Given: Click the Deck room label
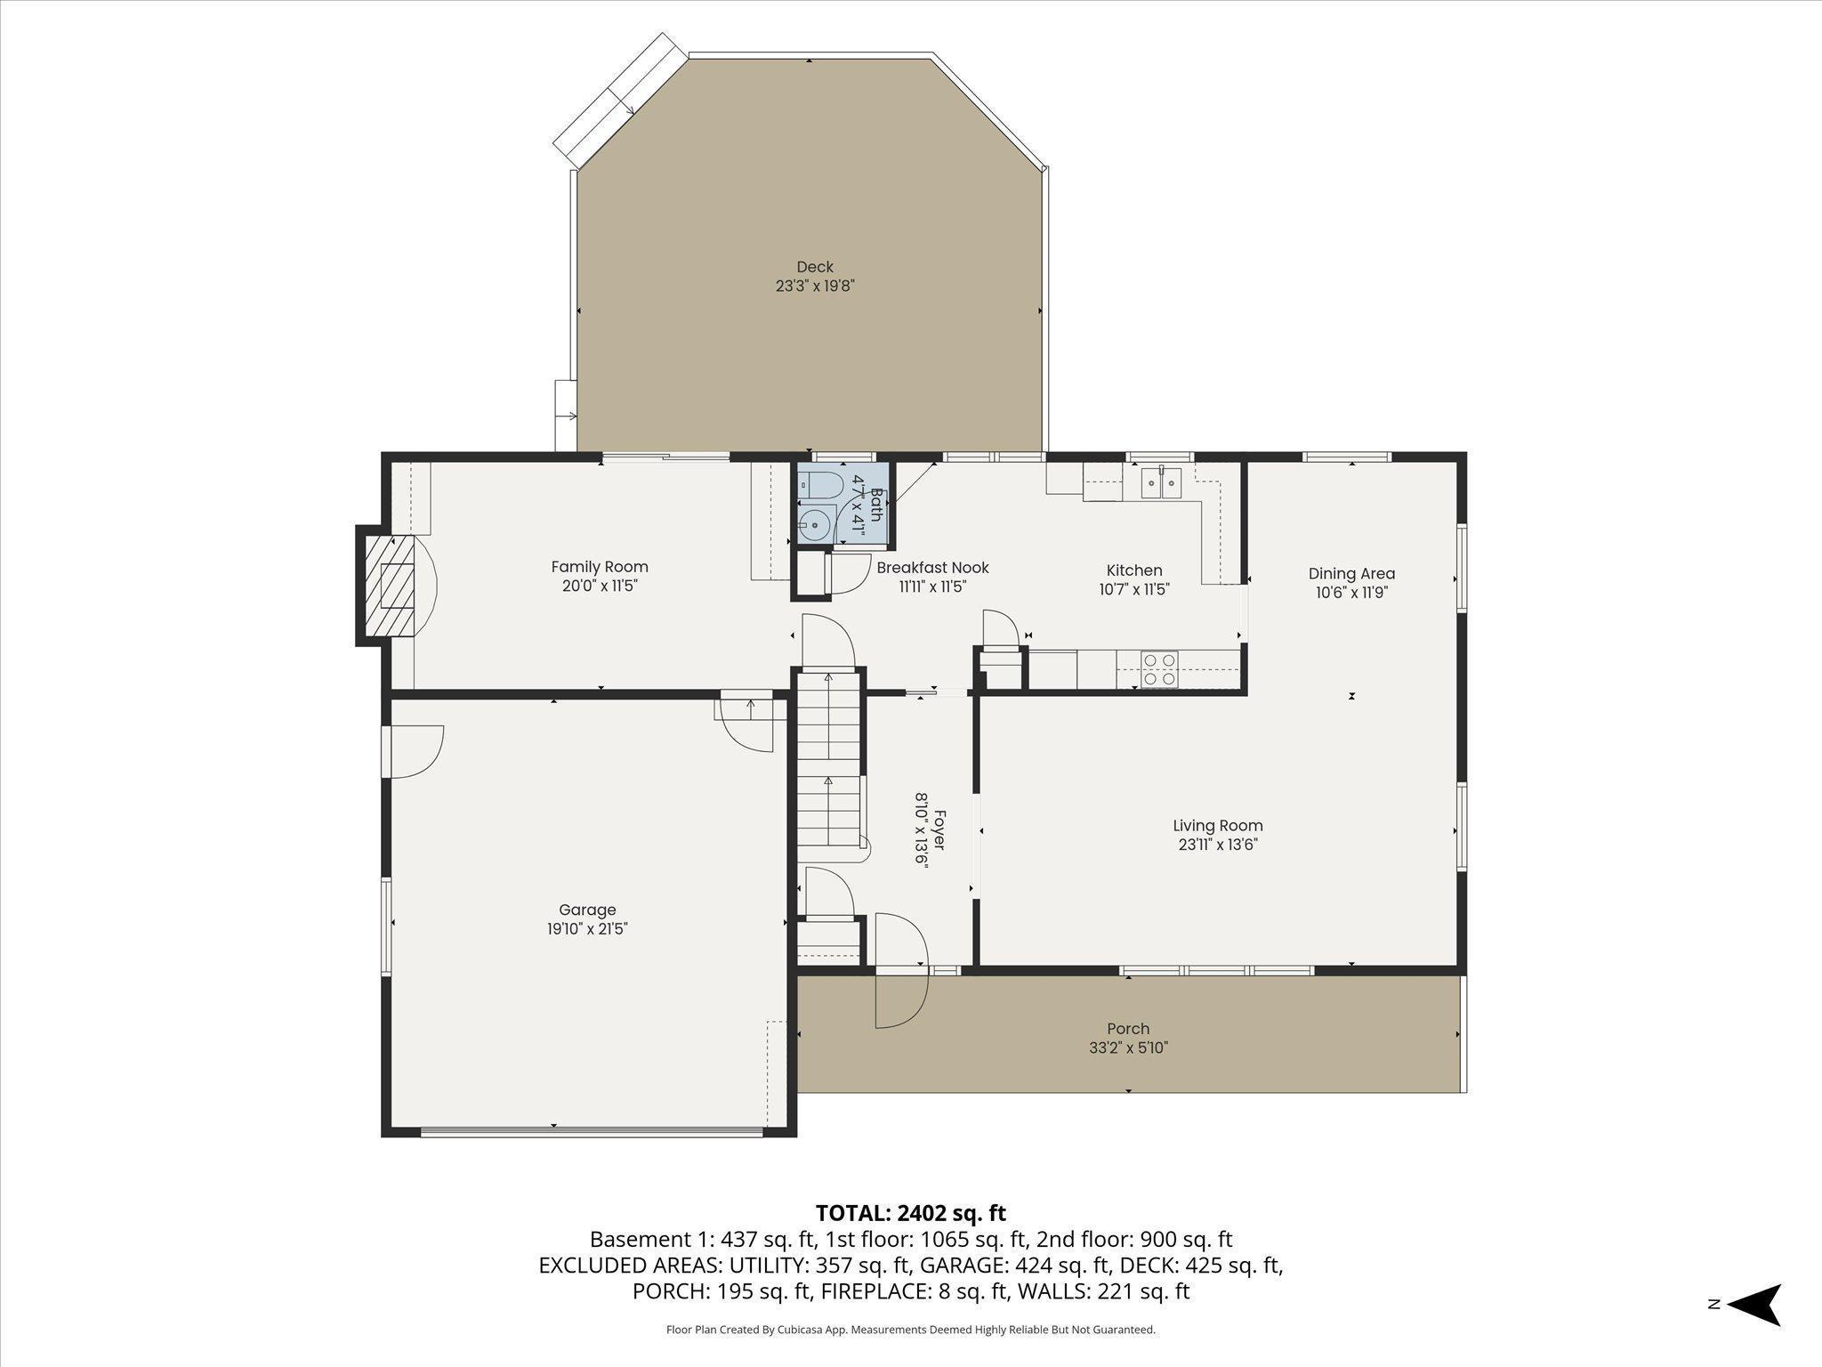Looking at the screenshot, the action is pyautogui.click(x=815, y=267).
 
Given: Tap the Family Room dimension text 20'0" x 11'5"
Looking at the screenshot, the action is pyautogui.click(x=600, y=586).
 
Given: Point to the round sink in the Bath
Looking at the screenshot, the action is pyautogui.click(x=814, y=525).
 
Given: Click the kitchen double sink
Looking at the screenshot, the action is pyautogui.click(x=1161, y=483).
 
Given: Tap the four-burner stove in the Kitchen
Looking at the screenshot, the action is pyautogui.click(x=1159, y=669).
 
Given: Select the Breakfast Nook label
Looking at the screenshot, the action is pyautogui.click(x=932, y=568).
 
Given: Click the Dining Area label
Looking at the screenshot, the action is pyautogui.click(x=1351, y=574).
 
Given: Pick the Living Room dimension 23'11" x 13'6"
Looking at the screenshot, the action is pyautogui.click(x=1218, y=845).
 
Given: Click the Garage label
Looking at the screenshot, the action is pyautogui.click(x=587, y=910).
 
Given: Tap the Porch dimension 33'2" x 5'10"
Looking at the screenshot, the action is pyautogui.click(x=1128, y=1047).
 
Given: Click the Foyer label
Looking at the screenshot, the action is pyautogui.click(x=939, y=829).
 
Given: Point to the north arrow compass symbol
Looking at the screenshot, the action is pyautogui.click(x=1754, y=1305).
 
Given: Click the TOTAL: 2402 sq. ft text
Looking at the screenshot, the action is pyautogui.click(x=911, y=1213).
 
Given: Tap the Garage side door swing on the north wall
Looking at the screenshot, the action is pyautogui.click(x=414, y=752).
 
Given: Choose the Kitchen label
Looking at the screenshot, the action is pyautogui.click(x=1134, y=570).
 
